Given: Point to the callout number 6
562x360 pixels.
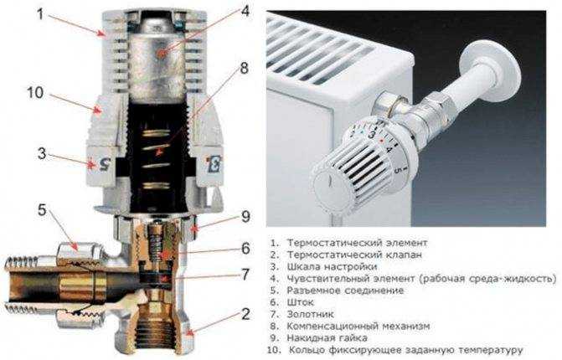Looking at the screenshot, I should tap(246, 248).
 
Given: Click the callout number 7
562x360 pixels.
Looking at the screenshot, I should tap(246, 275).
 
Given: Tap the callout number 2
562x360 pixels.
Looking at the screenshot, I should tap(245, 315).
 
